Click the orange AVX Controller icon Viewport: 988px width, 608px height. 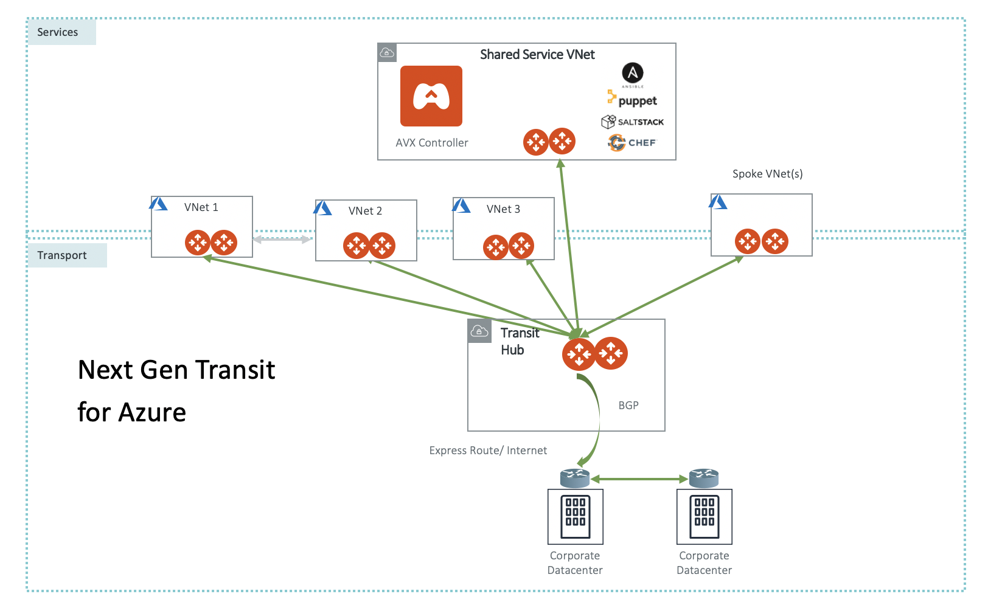[431, 96]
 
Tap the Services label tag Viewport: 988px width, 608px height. [58, 32]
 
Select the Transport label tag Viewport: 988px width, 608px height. [62, 255]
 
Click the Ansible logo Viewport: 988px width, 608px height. [633, 74]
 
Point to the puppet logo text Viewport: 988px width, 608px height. [637, 101]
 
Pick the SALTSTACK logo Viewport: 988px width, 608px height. [633, 122]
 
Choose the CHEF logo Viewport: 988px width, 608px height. [633, 143]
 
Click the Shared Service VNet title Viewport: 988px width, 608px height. [537, 55]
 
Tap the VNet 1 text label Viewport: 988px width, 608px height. [201, 207]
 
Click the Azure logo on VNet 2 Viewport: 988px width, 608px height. [322, 209]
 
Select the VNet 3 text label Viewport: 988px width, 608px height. [503, 209]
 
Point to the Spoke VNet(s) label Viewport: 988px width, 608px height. [767, 174]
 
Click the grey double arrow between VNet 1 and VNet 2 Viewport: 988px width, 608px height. [282, 240]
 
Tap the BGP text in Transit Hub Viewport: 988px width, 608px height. [628, 406]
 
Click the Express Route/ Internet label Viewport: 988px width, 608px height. [488, 451]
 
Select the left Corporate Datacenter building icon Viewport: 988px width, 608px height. [575, 517]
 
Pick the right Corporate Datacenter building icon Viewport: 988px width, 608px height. [704, 517]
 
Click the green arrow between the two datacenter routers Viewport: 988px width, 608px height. [639, 479]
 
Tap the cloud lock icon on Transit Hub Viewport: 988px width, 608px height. [479, 331]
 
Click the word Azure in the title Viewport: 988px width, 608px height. [152, 412]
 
